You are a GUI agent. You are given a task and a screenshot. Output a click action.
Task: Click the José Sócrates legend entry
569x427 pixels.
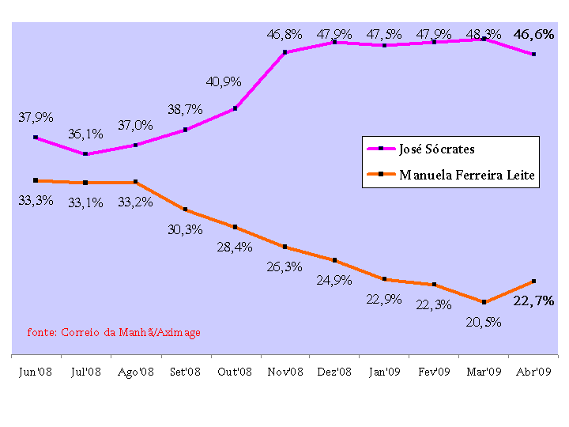pos(437,149)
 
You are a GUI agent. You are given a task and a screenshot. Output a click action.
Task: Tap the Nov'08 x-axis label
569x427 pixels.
pos(284,372)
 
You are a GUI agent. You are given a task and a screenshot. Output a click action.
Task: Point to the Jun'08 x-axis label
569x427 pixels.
pos(36,372)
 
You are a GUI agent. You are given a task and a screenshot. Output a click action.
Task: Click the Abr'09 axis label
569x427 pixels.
pos(533,372)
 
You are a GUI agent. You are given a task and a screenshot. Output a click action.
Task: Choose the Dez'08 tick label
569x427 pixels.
pos(334,372)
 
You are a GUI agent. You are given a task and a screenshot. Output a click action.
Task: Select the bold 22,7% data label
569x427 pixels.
pos(534,301)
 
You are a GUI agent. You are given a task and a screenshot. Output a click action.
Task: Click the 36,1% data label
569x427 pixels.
pos(85,134)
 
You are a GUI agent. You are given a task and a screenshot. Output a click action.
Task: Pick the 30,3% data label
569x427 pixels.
pos(185,229)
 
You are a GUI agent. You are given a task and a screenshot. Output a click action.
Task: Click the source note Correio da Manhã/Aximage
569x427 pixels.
pos(114,332)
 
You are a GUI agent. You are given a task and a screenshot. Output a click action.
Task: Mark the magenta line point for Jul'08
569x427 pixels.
pos(85,154)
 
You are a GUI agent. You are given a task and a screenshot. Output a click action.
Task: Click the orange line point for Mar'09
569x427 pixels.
pos(484,302)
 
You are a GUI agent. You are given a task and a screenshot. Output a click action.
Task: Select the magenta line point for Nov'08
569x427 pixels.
pos(284,53)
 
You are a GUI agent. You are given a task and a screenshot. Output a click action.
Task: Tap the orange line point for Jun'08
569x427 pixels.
pos(36,180)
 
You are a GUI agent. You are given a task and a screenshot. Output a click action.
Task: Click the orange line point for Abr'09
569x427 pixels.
pos(534,282)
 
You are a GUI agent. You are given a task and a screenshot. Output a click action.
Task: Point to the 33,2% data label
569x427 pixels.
pos(135,201)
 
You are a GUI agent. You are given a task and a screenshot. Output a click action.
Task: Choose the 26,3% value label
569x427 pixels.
pos(284,267)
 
